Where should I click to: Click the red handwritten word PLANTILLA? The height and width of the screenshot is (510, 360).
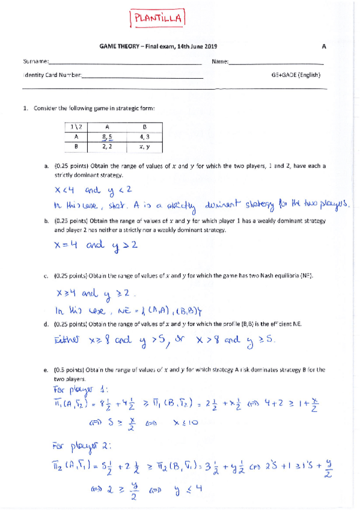coord(157,19)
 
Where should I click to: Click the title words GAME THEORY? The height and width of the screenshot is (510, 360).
coord(118,46)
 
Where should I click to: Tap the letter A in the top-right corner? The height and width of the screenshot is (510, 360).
coord(324,46)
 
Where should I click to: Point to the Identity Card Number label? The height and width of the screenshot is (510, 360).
coord(50,75)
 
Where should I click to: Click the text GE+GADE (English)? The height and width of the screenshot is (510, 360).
coord(296,75)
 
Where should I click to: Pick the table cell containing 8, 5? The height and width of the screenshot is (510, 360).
coord(107,137)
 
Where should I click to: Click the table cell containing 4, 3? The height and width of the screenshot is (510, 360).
coord(144,137)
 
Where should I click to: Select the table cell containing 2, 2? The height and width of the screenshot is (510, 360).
coord(107,146)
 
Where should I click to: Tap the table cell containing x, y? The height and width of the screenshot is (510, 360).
coord(144,146)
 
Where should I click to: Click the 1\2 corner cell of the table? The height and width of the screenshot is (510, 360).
coord(76,127)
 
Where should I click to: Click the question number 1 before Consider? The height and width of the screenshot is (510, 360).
coord(25,108)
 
